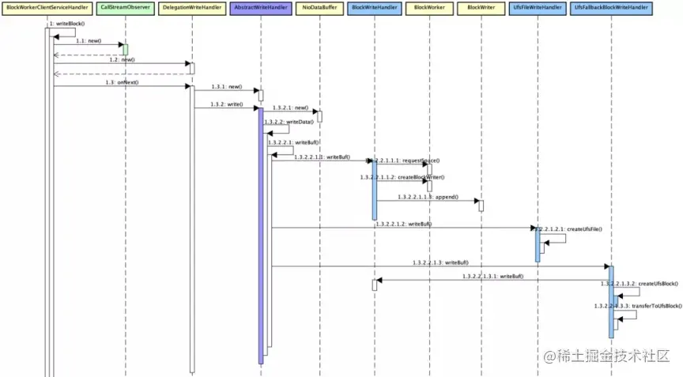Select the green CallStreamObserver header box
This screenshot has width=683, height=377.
125,6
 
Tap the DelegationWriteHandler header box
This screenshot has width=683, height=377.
191,6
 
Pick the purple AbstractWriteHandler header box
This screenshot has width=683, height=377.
260,6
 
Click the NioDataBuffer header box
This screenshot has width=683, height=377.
319,6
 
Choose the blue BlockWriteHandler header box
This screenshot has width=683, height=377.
374,6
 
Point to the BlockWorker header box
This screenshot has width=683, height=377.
428,6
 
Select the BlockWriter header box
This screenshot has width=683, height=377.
481,6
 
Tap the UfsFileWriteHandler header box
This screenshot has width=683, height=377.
538,6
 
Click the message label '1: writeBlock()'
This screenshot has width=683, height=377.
63,24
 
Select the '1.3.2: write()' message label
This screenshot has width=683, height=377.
226,104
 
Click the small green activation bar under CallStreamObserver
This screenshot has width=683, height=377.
125,50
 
